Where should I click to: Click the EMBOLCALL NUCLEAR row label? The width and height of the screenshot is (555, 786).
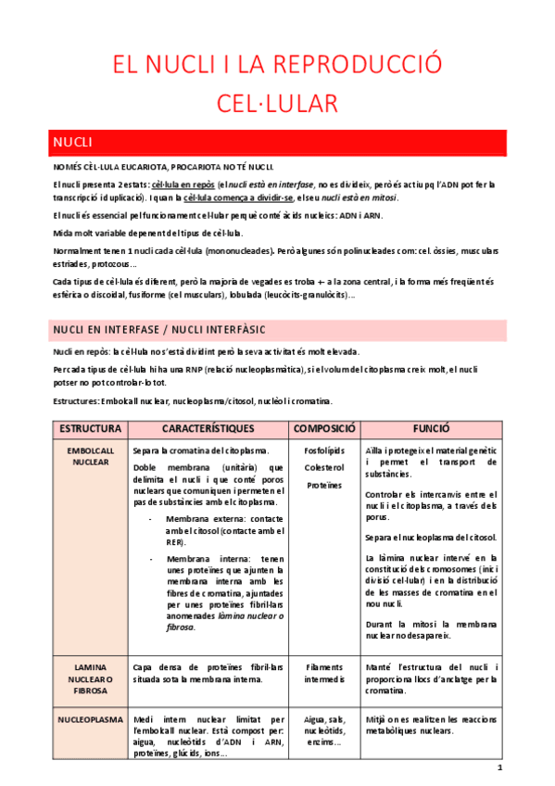click(x=90, y=455)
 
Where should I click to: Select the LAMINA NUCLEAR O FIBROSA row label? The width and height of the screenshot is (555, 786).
click(x=90, y=678)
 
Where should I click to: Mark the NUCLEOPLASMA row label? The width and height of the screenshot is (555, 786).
click(x=90, y=718)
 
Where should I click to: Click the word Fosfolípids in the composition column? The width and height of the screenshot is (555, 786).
click(x=324, y=450)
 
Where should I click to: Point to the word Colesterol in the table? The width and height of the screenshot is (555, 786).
click(x=324, y=467)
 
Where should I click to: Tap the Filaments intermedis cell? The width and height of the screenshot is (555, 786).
click(x=324, y=673)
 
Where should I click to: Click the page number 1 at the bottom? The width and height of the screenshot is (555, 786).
click(x=499, y=768)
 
